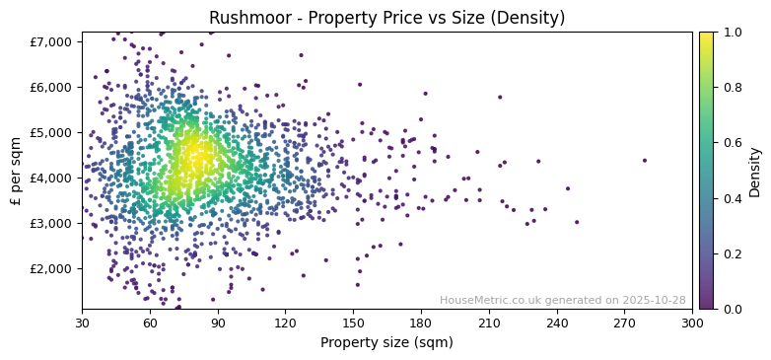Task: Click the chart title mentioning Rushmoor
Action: [386, 18]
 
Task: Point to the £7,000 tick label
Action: [51, 41]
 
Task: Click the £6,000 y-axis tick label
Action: [51, 87]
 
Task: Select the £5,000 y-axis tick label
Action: [51, 132]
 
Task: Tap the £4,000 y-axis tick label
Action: [51, 178]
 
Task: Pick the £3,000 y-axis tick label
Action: [51, 223]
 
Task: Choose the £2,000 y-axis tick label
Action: [51, 268]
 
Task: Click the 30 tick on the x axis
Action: [82, 323]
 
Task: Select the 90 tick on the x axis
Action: [218, 323]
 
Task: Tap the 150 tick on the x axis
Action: [353, 323]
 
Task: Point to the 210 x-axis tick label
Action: [489, 323]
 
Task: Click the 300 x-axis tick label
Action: [692, 323]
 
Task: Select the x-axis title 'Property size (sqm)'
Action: [386, 342]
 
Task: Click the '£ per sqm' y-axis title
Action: [16, 171]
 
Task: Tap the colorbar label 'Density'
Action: [755, 171]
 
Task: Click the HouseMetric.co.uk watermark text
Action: [562, 300]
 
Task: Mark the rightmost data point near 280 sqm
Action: [645, 160]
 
